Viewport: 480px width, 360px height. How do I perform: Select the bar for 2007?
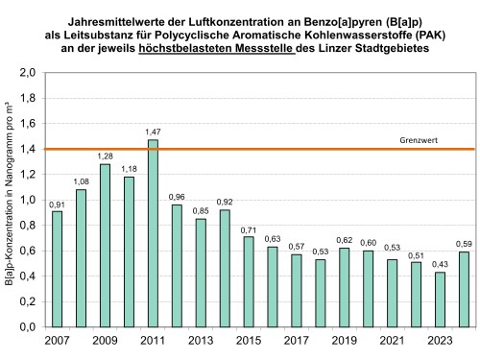pyautogui.click(x=57, y=269)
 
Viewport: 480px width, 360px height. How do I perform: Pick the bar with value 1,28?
pyautogui.click(x=105, y=245)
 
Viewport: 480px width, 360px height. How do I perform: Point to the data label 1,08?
pyautogui.click(x=81, y=180)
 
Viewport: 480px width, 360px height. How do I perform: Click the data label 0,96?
pyautogui.click(x=177, y=196)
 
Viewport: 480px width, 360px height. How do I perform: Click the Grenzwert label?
pyautogui.click(x=418, y=139)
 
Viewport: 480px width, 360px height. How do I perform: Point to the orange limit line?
pyautogui.click(x=288, y=149)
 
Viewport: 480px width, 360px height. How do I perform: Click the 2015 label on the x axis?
pyautogui.click(x=249, y=341)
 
